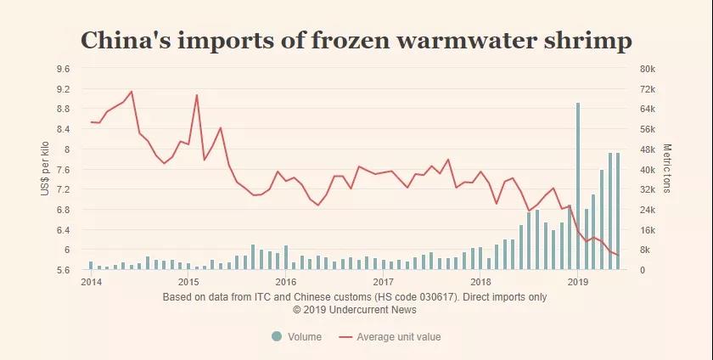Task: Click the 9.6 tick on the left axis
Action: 64,69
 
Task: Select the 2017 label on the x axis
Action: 383,281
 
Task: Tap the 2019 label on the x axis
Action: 578,281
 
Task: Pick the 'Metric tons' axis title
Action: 667,168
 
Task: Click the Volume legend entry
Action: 296,337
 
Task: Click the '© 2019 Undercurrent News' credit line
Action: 354,310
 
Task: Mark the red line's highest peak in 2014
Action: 131,91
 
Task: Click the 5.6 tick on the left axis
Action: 64,270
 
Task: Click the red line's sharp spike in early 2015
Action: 196,95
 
